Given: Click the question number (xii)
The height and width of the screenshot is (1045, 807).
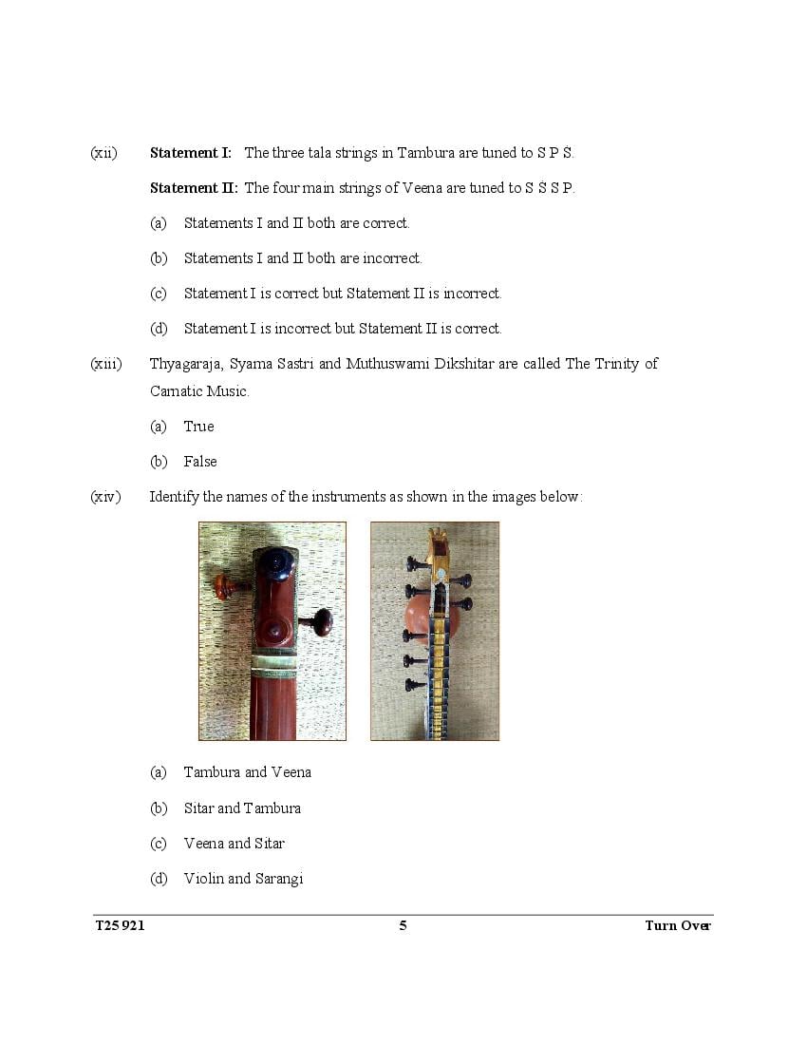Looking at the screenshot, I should (x=103, y=153).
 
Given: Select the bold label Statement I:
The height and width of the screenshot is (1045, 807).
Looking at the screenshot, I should (x=190, y=153).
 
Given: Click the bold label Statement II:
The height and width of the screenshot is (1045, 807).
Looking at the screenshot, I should (x=194, y=188).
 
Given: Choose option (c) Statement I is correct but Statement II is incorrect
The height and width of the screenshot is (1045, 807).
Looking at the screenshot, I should (x=342, y=294).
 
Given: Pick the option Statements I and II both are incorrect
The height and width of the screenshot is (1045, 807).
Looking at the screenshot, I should (x=302, y=258).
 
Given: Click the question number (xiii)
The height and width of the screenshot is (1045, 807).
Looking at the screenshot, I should (x=106, y=364).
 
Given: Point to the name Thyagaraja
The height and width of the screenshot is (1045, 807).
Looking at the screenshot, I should (x=185, y=364).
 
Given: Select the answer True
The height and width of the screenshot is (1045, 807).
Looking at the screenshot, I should (x=198, y=427).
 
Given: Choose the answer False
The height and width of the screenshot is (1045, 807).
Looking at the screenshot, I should (x=200, y=462).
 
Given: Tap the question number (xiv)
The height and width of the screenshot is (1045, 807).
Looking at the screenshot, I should (x=106, y=497).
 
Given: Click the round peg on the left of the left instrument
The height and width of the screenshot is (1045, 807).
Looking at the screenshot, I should (x=225, y=586).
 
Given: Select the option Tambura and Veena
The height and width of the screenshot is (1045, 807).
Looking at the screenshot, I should (x=247, y=772).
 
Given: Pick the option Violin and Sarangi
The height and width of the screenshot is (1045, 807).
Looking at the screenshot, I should (x=243, y=879).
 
